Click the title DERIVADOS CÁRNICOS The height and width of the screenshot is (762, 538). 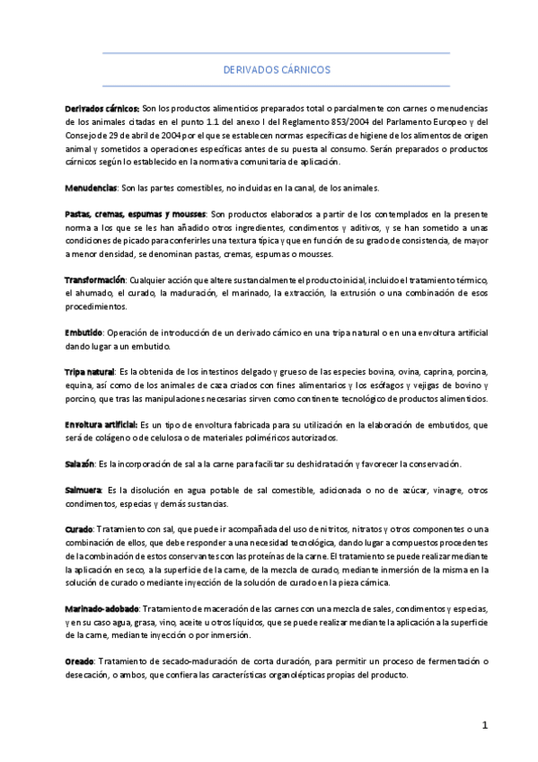(277, 68)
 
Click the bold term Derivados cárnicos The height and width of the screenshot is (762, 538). (102, 108)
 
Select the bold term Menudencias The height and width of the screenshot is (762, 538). (91, 188)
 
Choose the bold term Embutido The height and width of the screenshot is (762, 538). (84, 333)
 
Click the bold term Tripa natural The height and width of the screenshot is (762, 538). (90, 372)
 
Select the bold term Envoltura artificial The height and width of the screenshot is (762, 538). (101, 424)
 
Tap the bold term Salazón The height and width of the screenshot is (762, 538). (80, 464)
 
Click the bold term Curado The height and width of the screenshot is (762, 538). (79, 530)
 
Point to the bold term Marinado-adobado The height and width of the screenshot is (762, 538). (101, 609)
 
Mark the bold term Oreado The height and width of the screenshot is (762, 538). (79, 662)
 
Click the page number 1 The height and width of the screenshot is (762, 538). (484, 725)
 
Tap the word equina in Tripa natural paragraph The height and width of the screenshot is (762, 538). (80, 385)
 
